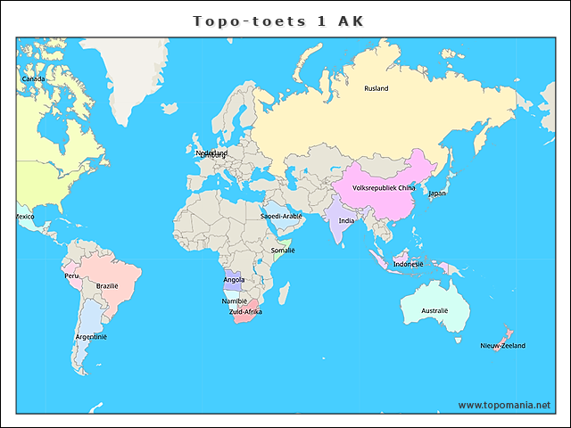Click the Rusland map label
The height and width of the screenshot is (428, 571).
(377, 88)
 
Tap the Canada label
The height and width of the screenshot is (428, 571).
(33, 79)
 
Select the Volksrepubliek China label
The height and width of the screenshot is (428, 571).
(384, 188)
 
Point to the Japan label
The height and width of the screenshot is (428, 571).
(437, 193)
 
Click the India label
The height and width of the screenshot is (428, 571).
(346, 221)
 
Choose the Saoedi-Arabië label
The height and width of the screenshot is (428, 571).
(281, 216)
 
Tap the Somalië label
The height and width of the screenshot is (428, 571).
(283, 251)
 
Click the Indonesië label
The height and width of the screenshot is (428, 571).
(408, 264)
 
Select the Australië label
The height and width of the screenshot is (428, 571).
(434, 311)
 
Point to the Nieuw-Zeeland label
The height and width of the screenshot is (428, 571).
(502, 346)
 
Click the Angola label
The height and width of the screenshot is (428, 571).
(234, 280)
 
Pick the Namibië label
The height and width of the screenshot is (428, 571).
(235, 301)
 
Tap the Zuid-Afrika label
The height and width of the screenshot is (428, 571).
(245, 313)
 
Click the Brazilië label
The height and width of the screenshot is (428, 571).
(107, 286)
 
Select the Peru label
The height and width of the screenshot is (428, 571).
(72, 276)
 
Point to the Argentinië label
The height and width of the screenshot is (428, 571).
(91, 337)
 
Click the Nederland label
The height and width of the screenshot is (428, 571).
(211, 153)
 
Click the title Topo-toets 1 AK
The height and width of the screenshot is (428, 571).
(278, 21)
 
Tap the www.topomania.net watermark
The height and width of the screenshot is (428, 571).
(504, 405)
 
